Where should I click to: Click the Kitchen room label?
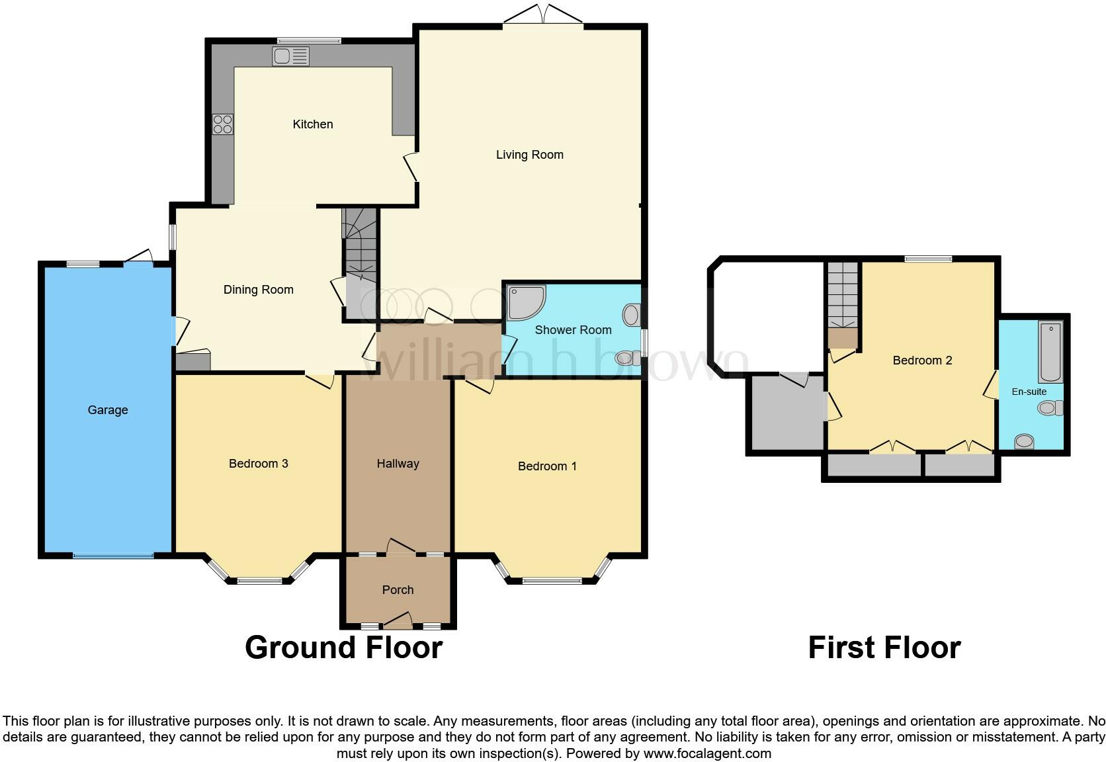pyautogui.click(x=313, y=124)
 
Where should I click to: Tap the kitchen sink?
pyautogui.click(x=291, y=56)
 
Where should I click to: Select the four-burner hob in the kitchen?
pyautogui.click(x=222, y=124)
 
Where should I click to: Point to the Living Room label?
pyautogui.click(x=530, y=155)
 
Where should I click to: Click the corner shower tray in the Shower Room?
pyautogui.click(x=526, y=302)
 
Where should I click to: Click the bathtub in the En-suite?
pyautogui.click(x=1050, y=352)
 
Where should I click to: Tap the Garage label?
pyautogui.click(x=108, y=410)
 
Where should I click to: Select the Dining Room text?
pyautogui.click(x=258, y=290)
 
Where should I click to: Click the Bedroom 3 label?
pyautogui.click(x=258, y=464)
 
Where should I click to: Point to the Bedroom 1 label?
pyautogui.click(x=547, y=466)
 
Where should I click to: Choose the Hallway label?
pyautogui.click(x=398, y=464)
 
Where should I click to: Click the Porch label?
pyautogui.click(x=398, y=590)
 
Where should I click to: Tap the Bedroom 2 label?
pyautogui.click(x=922, y=360)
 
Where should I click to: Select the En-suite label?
pyautogui.click(x=1029, y=392)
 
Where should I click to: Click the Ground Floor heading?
pyautogui.click(x=343, y=648)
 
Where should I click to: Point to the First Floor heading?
pyautogui.click(x=884, y=648)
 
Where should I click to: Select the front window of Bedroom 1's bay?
pyautogui.click(x=552, y=581)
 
